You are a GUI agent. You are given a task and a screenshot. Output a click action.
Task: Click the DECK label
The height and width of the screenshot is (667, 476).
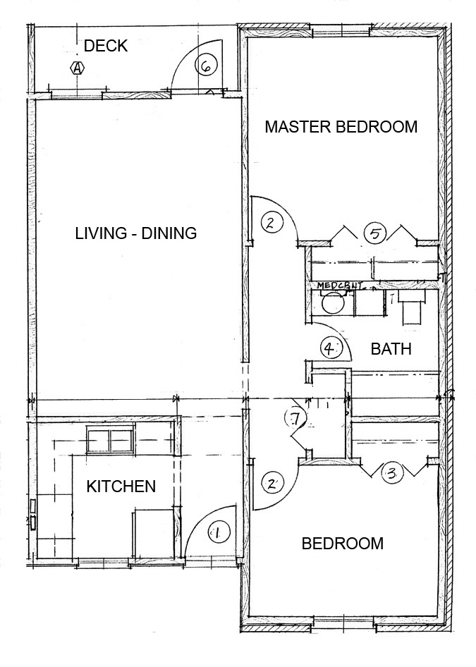point(106,47)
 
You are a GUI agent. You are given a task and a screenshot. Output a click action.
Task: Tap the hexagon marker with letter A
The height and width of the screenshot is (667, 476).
point(77,68)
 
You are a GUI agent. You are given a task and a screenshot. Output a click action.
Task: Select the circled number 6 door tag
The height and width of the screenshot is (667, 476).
point(205,66)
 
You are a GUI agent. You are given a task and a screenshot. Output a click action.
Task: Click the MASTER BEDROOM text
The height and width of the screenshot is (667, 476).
point(341,127)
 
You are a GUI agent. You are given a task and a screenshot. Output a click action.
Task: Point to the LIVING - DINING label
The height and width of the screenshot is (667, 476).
point(136,233)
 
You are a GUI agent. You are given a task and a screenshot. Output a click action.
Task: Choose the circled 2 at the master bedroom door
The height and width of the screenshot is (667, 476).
point(271,223)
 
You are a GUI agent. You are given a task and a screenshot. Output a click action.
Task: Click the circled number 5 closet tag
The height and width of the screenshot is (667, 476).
point(375,233)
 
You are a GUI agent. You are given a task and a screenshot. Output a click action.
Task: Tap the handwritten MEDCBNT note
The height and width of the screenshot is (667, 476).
point(340,286)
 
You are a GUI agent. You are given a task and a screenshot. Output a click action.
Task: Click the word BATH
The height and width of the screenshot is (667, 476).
point(391,349)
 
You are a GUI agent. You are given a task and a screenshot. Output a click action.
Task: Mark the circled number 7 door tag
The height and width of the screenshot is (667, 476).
point(295,418)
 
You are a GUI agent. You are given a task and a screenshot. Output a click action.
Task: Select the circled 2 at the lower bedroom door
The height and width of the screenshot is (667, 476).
point(271,483)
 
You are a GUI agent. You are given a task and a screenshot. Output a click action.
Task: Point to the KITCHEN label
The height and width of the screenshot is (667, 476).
point(121,487)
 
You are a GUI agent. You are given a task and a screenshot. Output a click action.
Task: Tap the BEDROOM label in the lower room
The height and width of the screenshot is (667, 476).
point(343,544)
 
